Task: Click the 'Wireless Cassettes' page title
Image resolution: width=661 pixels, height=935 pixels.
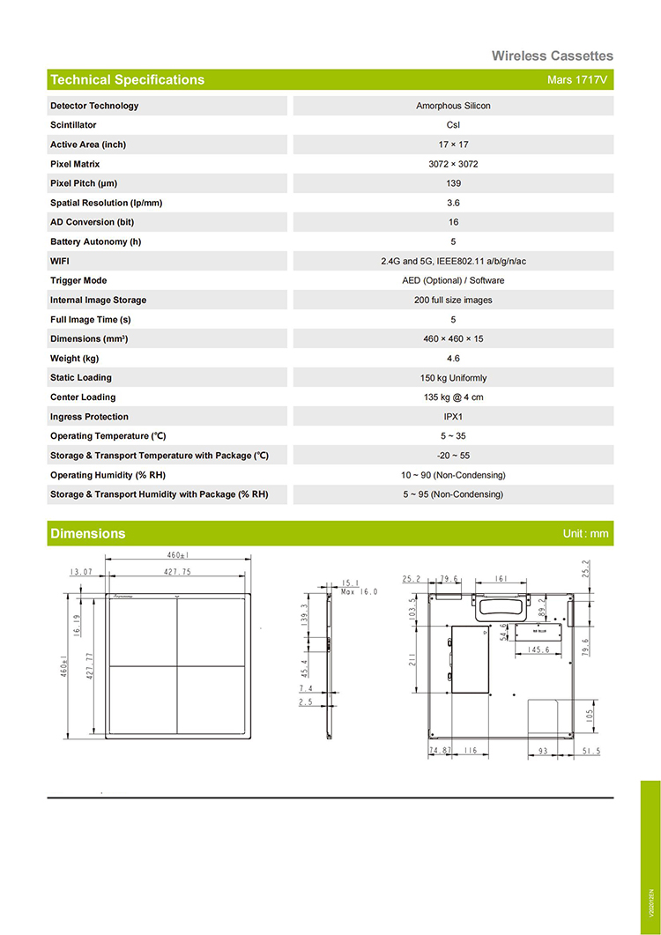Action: point(552,56)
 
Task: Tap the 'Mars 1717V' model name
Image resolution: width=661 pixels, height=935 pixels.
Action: point(577,80)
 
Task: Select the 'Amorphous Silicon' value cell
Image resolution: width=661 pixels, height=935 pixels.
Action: point(453,106)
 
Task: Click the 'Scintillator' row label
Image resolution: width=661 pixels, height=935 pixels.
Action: point(73,125)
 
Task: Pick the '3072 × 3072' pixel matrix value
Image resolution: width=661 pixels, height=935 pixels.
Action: point(453,164)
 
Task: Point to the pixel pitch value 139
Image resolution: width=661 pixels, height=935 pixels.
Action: point(453,183)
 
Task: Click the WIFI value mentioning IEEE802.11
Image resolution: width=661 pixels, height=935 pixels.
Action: point(453,261)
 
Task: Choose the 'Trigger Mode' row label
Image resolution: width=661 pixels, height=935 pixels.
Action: point(78,280)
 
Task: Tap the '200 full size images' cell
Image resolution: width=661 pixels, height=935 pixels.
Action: point(453,300)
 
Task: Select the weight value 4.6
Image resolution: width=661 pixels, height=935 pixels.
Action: point(453,359)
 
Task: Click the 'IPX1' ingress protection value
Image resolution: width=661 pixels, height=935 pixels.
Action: point(453,417)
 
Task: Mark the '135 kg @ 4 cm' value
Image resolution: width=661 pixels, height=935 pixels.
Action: point(453,397)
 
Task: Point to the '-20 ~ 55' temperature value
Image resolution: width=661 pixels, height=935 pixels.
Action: point(453,456)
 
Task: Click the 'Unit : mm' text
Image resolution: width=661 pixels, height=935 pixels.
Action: point(585,534)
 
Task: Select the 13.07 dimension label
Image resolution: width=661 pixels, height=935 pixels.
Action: point(83,572)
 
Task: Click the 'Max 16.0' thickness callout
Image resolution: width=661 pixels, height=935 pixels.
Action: point(359,591)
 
